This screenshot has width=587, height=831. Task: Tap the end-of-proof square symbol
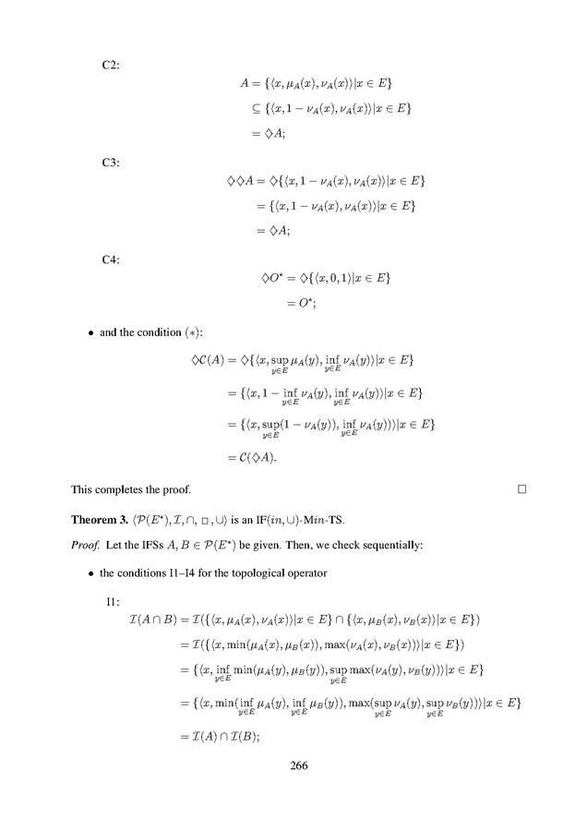pyautogui.click(x=521, y=488)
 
